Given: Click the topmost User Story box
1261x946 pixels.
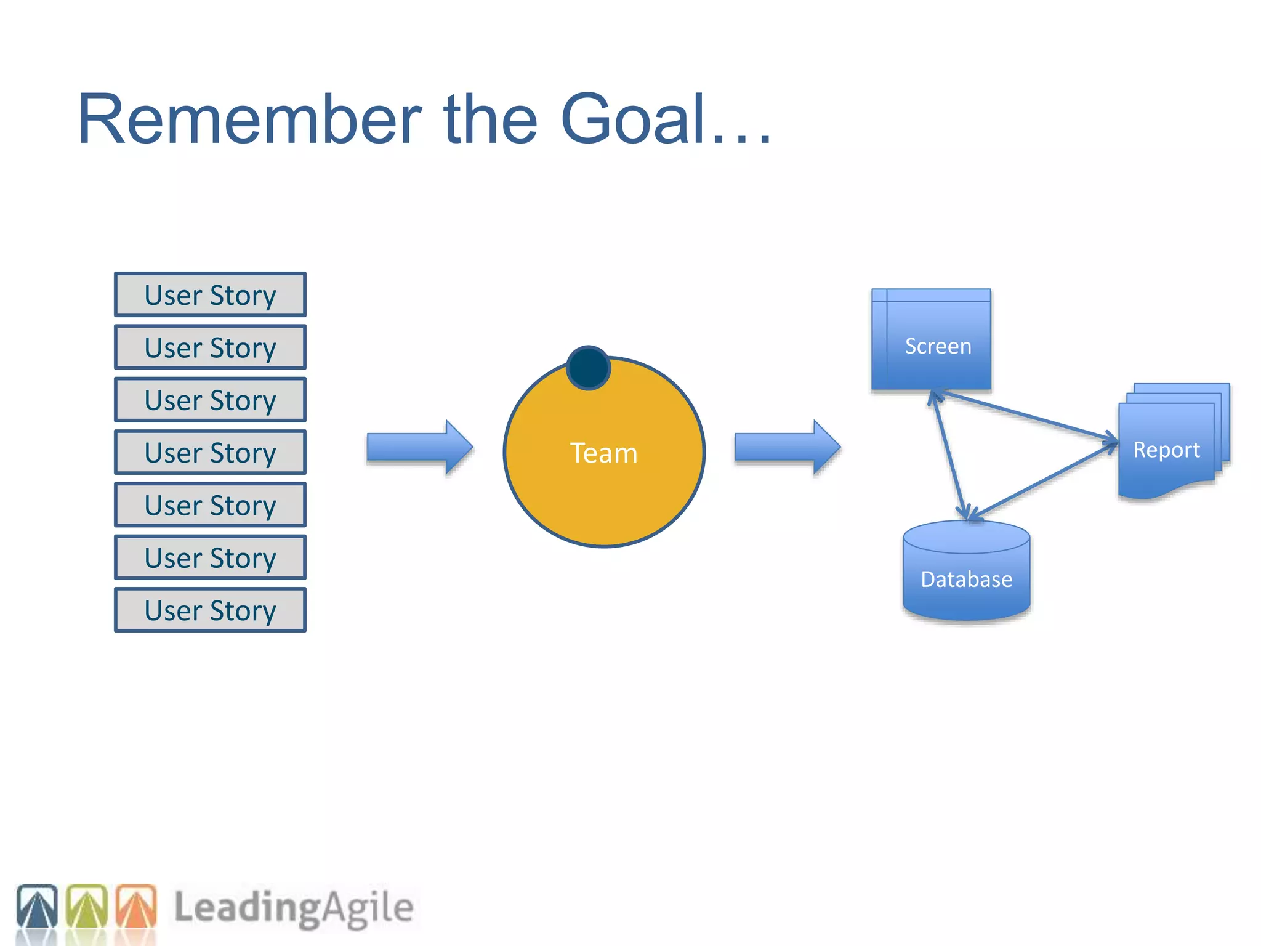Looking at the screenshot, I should (x=210, y=295).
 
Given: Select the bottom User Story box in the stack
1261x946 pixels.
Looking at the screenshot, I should (x=210, y=610).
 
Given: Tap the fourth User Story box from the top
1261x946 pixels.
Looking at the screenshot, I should (x=210, y=453).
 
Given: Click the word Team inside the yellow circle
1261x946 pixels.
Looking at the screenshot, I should (x=603, y=453).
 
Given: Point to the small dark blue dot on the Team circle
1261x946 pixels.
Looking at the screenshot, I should (x=588, y=368).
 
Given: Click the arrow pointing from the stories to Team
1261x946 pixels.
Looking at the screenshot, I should (x=419, y=448).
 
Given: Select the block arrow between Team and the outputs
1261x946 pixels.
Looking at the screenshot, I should (x=786, y=448).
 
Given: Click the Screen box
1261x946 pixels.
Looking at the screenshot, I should (x=931, y=340).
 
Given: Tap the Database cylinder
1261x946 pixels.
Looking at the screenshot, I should (x=966, y=573).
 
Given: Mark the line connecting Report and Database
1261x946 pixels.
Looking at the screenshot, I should (x=1044, y=481).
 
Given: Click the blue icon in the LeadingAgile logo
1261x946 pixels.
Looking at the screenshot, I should (x=37, y=906).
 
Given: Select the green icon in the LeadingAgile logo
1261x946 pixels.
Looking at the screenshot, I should (x=86, y=906).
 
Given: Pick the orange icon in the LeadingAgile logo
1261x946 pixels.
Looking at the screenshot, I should (x=136, y=906).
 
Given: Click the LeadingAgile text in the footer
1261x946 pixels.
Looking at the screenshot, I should (x=294, y=908).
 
